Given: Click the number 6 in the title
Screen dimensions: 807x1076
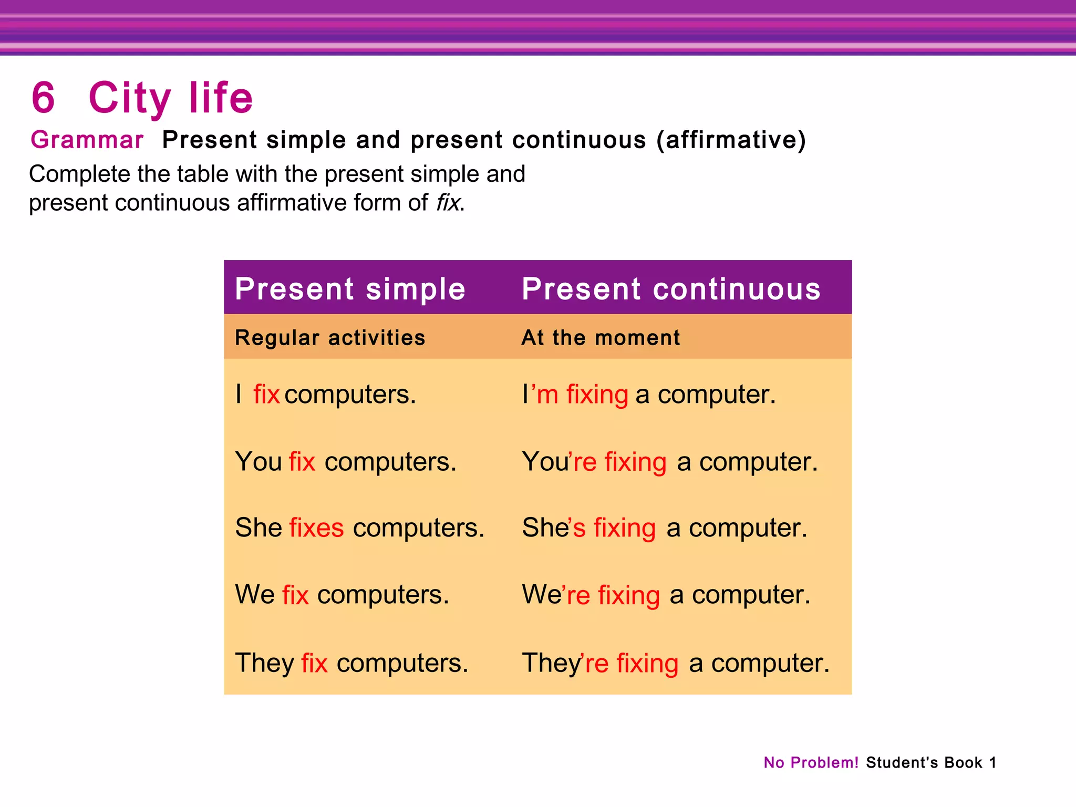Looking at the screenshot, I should click(x=43, y=98).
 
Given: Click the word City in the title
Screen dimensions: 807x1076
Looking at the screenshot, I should click(x=129, y=99).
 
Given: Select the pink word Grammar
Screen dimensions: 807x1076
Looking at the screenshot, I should click(x=87, y=140).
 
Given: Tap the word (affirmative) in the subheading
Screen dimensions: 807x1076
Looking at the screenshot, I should click(x=731, y=140).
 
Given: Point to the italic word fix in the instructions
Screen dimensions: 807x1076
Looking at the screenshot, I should click(x=448, y=203).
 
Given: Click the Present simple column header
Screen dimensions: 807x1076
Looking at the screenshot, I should click(x=350, y=289).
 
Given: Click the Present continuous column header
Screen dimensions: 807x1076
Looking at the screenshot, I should click(x=671, y=289).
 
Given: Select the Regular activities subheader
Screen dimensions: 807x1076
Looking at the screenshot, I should click(x=330, y=338).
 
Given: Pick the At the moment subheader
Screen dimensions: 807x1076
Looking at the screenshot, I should click(x=601, y=338).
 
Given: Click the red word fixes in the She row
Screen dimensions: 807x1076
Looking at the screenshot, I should click(x=316, y=527).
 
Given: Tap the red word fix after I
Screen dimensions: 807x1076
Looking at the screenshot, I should click(x=266, y=395).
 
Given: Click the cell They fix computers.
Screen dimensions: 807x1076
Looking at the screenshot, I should click(x=351, y=663).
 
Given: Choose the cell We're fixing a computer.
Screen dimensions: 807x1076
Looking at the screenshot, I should click(x=666, y=595).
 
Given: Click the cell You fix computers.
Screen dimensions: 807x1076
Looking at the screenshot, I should click(x=346, y=462).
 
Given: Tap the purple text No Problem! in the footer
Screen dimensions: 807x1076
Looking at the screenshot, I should click(x=811, y=762).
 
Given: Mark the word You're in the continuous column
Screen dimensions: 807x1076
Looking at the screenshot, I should click(x=559, y=462).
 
